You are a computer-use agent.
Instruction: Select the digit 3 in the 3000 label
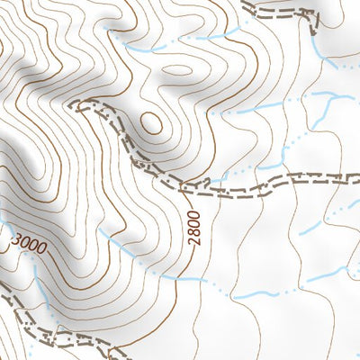[x=15, y=238]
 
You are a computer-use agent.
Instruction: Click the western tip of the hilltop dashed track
[x=79, y=105]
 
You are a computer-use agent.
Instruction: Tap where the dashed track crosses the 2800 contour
[x=182, y=188]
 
